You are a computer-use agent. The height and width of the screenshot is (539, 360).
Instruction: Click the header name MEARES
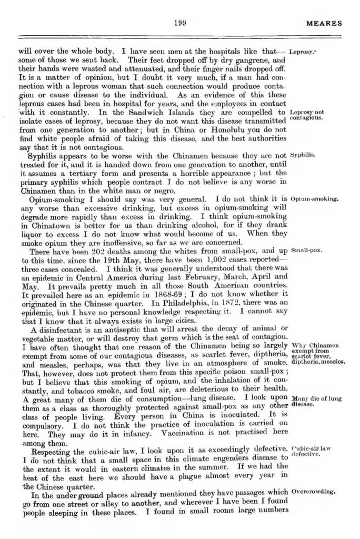[324, 24]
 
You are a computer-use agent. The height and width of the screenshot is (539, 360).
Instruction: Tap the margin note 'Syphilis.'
[303, 156]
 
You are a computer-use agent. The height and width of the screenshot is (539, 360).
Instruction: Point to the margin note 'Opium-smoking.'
[314, 200]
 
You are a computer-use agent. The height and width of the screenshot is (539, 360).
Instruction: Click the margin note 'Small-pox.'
[306, 251]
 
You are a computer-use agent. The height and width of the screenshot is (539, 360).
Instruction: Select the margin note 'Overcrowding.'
[313, 492]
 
